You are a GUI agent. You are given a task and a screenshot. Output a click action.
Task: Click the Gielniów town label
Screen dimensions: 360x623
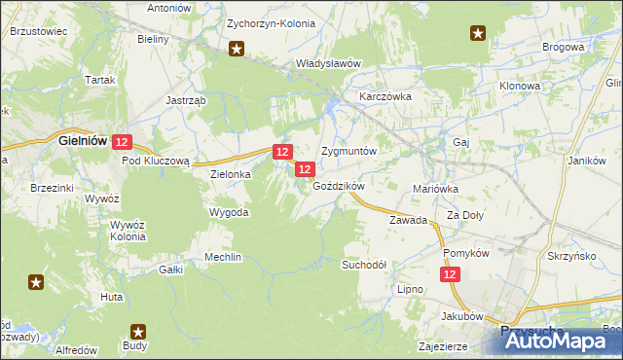82,140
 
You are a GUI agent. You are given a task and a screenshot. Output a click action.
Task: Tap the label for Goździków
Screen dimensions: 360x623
338,186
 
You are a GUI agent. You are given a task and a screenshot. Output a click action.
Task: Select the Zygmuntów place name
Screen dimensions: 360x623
348,153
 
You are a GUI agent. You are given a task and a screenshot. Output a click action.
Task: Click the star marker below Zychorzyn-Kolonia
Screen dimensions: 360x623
236,48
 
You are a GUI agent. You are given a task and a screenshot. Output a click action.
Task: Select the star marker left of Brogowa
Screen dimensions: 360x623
478,34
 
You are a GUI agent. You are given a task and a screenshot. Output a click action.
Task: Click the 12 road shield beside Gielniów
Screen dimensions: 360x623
121,142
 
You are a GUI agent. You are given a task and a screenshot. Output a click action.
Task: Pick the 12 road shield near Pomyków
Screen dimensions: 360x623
450,276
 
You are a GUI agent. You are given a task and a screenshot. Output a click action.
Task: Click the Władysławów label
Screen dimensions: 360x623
328,63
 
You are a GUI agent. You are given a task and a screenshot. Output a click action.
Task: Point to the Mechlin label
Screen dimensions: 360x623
222,257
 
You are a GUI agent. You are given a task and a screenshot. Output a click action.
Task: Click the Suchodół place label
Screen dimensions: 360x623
364,265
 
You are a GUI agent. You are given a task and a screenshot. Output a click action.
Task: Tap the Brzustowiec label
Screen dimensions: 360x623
38,31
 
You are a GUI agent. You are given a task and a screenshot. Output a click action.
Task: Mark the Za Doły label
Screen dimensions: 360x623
465,215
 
